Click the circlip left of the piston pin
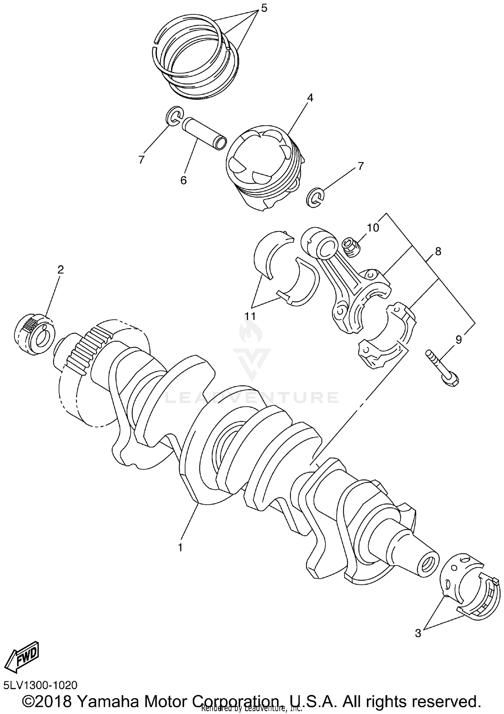[174, 116]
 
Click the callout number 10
[373, 228]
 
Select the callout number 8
[438, 251]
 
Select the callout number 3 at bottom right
[418, 633]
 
